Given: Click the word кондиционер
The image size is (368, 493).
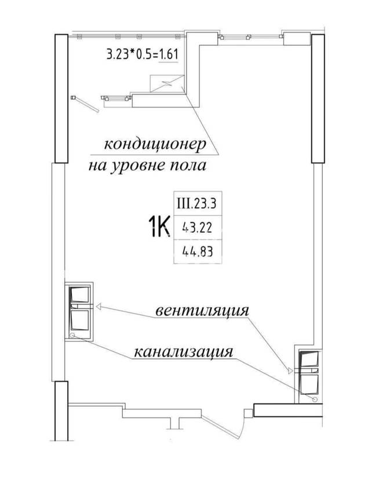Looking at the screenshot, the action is (x=155, y=145).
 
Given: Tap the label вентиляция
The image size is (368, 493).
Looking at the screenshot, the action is (x=202, y=311).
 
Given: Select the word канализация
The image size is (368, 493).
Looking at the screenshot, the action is (x=184, y=351).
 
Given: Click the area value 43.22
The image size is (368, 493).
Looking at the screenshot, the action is (x=198, y=227).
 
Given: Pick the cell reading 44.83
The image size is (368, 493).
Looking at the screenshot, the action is (x=198, y=251).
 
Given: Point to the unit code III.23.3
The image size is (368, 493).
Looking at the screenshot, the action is (x=196, y=204).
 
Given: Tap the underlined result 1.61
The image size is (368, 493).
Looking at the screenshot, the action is (x=169, y=54).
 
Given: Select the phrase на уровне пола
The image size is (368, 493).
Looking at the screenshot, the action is (x=147, y=165).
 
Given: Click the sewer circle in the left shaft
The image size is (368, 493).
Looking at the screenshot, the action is (x=72, y=335).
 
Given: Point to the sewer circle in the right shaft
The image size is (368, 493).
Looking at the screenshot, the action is (x=315, y=399).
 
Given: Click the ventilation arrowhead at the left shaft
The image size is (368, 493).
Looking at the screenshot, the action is (x=98, y=306).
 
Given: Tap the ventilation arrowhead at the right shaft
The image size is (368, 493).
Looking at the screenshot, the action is (x=290, y=370).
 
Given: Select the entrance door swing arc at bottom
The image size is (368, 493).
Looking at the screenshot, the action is (x=242, y=424).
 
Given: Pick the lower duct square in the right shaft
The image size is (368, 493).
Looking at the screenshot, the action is (x=309, y=384).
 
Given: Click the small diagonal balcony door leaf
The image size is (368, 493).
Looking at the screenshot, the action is (x=86, y=104).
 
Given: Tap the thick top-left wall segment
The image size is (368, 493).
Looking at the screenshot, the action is (x=61, y=98).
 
